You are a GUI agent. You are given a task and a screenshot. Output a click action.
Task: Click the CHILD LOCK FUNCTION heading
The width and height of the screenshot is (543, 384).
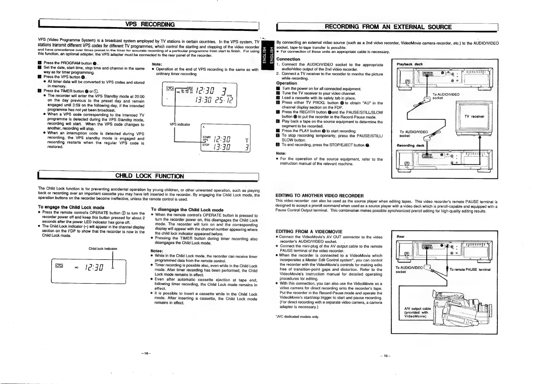[x=149, y=176]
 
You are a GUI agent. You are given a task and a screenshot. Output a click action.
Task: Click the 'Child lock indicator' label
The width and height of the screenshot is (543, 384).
[x=104, y=249]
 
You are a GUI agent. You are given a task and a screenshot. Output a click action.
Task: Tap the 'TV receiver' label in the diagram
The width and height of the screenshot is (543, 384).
[x=474, y=116]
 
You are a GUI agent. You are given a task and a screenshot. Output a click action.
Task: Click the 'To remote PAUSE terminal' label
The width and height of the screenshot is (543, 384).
[x=469, y=270]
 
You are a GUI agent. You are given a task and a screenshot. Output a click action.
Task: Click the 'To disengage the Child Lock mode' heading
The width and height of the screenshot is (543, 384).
[x=187, y=210]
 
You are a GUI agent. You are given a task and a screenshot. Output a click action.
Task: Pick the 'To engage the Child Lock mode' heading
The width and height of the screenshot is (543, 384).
[x=71, y=207]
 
